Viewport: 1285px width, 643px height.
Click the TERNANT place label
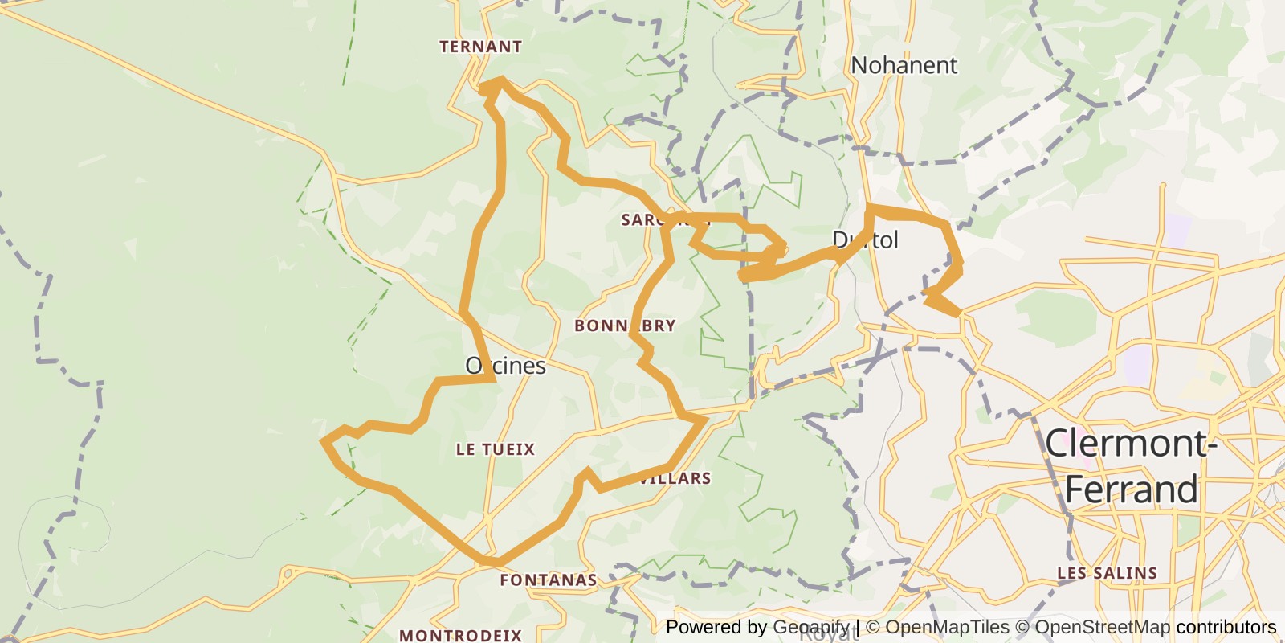click(480, 47)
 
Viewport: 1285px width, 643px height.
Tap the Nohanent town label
click(904, 65)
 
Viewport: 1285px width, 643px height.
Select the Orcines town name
click(505, 366)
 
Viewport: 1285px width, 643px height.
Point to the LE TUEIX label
click(495, 449)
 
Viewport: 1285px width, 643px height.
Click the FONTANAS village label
click(548, 580)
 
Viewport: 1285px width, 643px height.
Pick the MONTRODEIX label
click(460, 635)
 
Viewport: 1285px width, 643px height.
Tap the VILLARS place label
click(675, 478)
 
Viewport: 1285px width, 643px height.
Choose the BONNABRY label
click(625, 326)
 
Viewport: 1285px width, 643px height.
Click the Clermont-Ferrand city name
click(1131, 466)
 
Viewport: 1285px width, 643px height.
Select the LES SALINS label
click(1107, 573)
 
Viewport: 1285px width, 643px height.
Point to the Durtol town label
click(865, 240)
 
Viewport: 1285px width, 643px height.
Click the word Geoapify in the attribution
click(810, 627)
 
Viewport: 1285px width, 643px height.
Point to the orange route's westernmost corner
click(323, 440)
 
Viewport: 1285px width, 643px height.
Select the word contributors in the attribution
click(1226, 627)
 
